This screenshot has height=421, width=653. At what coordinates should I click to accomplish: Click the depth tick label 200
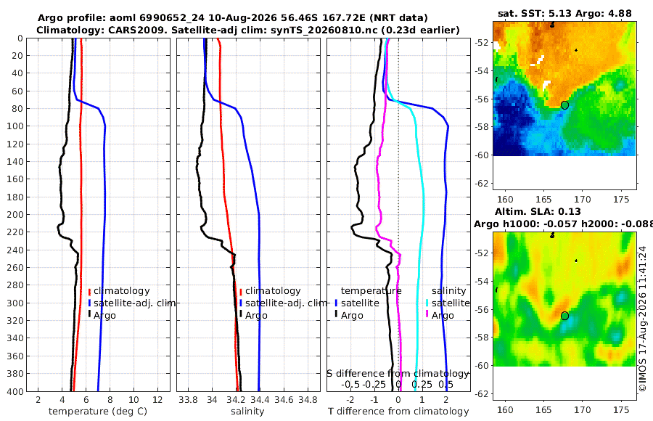[x=15, y=214]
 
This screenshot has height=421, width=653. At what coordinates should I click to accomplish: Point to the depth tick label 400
[x=15, y=391]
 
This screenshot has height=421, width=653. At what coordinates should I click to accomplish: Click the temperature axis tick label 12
[x=157, y=400]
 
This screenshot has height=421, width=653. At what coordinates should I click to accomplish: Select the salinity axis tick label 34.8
[x=308, y=400]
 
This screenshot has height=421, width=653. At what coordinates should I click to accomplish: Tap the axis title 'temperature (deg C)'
[x=98, y=412]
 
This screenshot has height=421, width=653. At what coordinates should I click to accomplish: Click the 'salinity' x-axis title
[x=247, y=412]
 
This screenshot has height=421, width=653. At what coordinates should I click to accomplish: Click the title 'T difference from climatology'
[x=398, y=412]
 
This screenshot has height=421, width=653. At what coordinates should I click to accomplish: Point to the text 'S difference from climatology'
[x=398, y=374]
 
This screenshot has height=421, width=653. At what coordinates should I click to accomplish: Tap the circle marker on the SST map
[x=564, y=105]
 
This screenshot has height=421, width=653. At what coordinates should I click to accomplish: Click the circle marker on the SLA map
[x=564, y=316]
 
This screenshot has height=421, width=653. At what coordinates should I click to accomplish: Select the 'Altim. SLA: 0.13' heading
[x=538, y=211]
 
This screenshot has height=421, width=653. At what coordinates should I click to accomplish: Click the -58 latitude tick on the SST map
[x=482, y=127]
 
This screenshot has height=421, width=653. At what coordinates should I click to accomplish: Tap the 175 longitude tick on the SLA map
[x=621, y=410]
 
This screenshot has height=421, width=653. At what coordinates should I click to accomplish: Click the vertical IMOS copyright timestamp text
[x=643, y=319]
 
